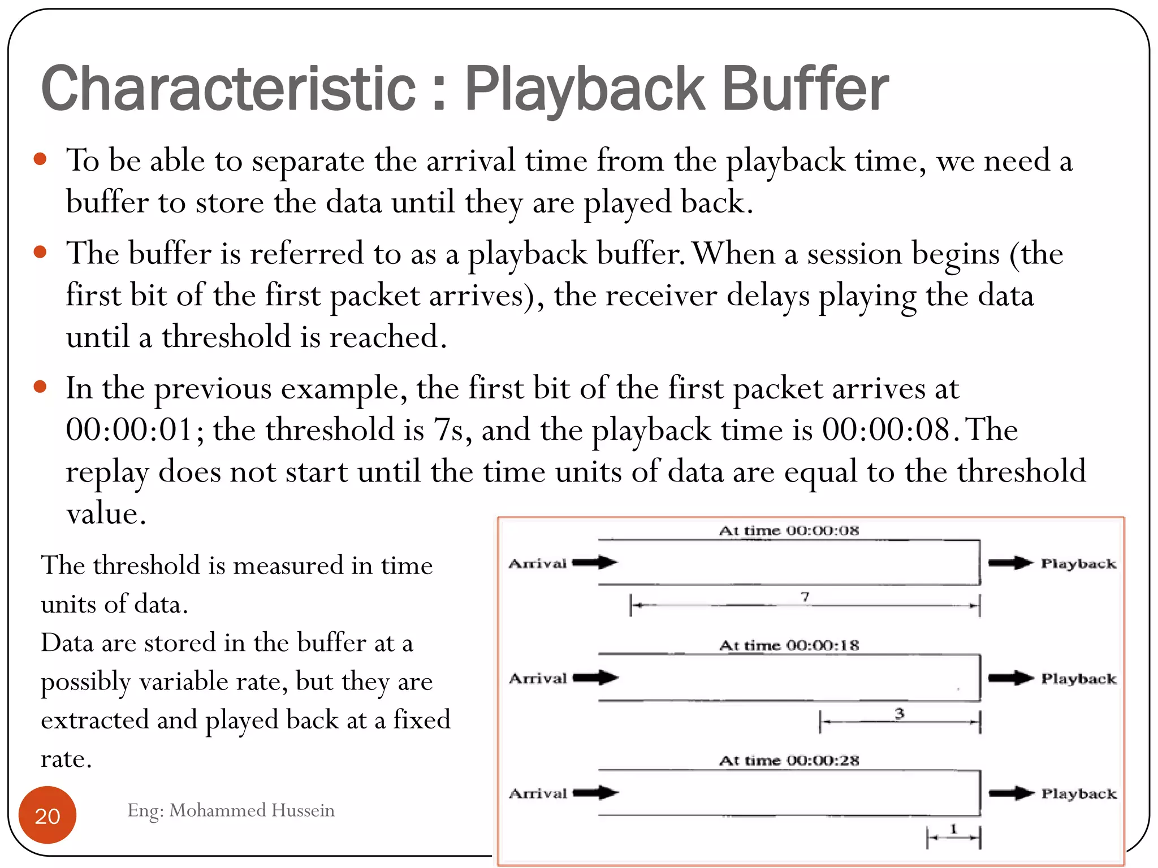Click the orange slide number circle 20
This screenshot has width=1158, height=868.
(47, 815)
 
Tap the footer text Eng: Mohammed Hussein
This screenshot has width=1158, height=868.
(231, 810)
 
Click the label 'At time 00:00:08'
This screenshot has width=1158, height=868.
(789, 531)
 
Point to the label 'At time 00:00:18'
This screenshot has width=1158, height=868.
(789, 645)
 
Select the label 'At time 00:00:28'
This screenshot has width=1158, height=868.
(789, 761)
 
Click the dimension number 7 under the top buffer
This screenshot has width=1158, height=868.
(805, 597)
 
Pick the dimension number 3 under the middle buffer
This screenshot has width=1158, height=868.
(899, 714)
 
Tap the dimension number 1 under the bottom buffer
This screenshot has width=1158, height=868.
(954, 829)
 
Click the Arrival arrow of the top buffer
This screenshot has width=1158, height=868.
(595, 562)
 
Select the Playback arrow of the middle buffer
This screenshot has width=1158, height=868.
(1011, 678)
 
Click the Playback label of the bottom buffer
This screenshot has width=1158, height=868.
(1079, 794)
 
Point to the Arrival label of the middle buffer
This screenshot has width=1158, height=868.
(538, 678)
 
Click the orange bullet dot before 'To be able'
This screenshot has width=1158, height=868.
(40, 159)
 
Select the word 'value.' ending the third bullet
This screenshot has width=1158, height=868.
(106, 514)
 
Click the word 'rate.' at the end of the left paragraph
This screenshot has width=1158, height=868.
(66, 759)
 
